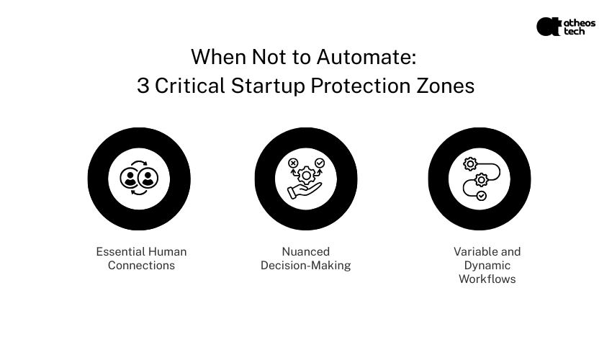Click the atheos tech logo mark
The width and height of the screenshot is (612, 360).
(548, 27)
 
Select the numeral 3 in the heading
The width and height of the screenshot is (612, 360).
(143, 86)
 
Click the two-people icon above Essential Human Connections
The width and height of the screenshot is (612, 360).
(139, 179)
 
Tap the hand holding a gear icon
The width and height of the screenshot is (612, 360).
(306, 179)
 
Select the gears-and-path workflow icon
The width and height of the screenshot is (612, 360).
(480, 179)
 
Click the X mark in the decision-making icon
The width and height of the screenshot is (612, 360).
(293, 163)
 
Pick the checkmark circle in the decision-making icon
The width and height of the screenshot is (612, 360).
(320, 163)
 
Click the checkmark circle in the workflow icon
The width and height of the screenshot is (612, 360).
(482, 195)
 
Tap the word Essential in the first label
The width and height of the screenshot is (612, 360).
(121, 251)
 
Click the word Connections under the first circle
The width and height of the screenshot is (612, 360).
(141, 265)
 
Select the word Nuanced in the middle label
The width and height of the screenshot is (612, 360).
(305, 251)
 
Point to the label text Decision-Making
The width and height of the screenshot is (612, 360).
(305, 265)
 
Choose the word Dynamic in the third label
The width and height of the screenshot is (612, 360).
(487, 265)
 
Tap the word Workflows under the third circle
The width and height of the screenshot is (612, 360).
(487, 279)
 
